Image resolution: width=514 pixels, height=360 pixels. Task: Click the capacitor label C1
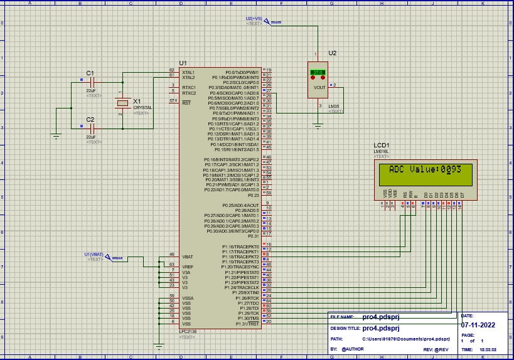click(x=90, y=73)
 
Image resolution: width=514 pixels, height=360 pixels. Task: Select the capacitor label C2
click(x=90, y=119)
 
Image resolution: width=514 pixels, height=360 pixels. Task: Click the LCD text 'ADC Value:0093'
click(x=425, y=169)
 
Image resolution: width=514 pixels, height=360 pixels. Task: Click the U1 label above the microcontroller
click(x=183, y=63)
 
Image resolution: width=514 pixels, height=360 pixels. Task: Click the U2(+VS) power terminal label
click(x=254, y=19)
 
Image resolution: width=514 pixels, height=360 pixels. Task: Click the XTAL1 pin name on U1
click(x=188, y=72)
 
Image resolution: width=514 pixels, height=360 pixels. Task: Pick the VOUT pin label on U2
click(x=319, y=88)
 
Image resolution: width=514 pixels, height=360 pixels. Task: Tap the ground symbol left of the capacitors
click(x=56, y=136)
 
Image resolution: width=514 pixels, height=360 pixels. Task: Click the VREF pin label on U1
click(x=187, y=267)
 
